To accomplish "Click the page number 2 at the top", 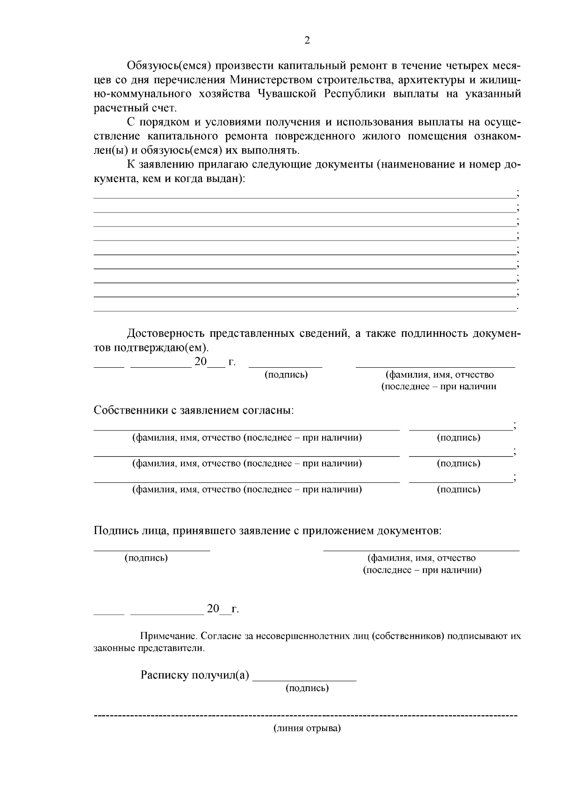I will (x=307, y=41).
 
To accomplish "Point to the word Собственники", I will (x=127, y=410).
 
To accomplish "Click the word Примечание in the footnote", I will (x=169, y=636).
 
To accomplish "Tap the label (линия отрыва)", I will (x=307, y=728).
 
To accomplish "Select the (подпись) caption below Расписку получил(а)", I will (x=307, y=688).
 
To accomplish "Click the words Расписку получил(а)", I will (x=195, y=676).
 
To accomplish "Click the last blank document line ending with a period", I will (x=304, y=310).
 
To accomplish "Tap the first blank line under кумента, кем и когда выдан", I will (x=304, y=197).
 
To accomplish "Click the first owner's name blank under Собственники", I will (x=246, y=429).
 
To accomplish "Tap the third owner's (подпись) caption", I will (x=458, y=489).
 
